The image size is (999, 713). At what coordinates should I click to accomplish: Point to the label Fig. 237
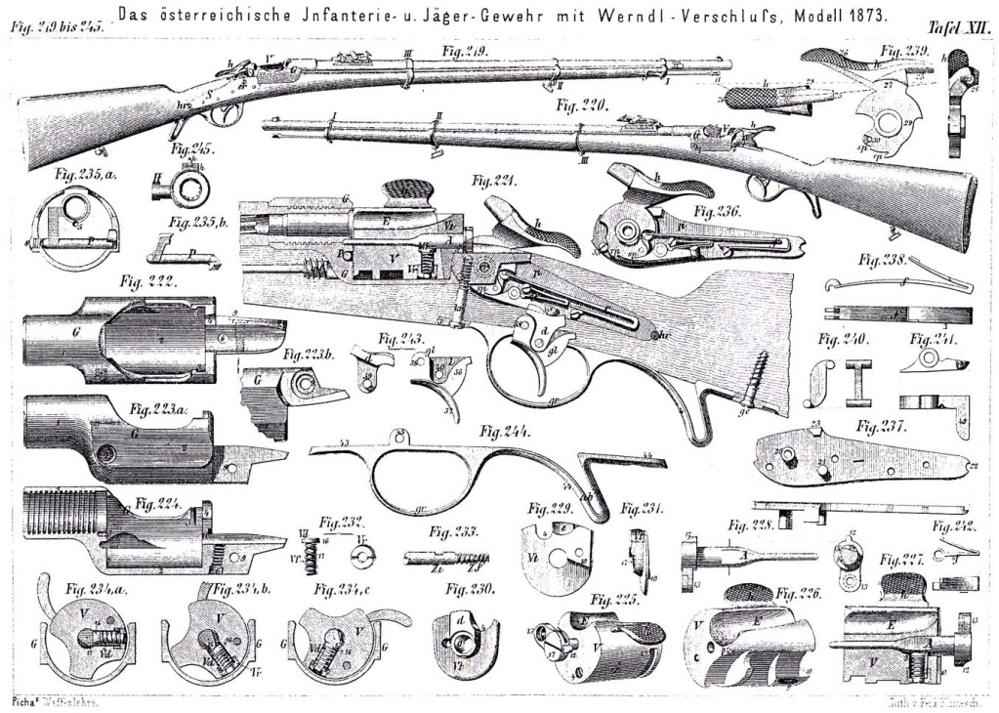pyautogui.click(x=883, y=426)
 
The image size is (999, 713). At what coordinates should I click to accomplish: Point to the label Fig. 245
pyautogui.click(x=190, y=150)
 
